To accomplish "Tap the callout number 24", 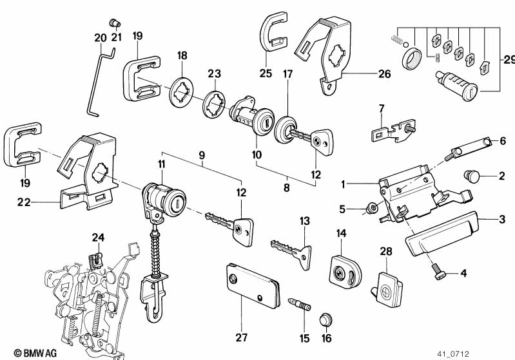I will (97, 238).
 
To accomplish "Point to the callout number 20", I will (99, 38).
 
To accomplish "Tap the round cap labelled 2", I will (472, 175).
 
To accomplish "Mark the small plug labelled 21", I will (115, 22).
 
